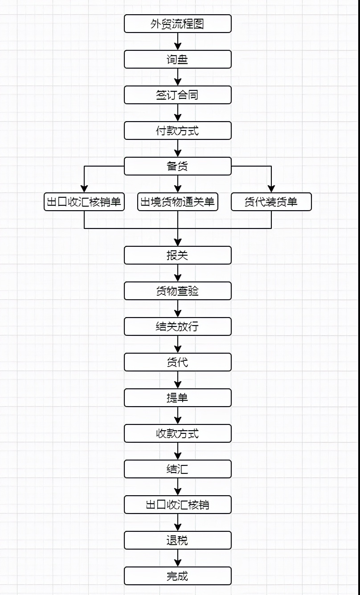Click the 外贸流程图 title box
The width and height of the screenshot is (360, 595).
click(177, 24)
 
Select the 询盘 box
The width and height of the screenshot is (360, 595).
click(177, 59)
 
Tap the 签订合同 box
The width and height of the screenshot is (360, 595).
click(177, 95)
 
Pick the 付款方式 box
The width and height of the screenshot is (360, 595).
click(177, 130)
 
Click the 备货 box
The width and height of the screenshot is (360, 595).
click(177, 166)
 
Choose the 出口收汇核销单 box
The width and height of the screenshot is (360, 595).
click(84, 202)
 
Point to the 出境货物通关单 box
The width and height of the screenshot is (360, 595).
click(177, 202)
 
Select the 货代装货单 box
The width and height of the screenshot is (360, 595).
click(271, 202)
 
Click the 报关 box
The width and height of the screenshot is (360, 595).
click(177, 255)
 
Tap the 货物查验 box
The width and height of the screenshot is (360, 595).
click(177, 291)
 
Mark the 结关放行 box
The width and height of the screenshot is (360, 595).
click(177, 326)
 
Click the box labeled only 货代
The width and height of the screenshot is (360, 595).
click(177, 362)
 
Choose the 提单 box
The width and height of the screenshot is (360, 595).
click(177, 398)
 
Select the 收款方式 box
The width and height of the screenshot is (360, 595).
click(177, 433)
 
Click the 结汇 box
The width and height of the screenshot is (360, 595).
click(177, 469)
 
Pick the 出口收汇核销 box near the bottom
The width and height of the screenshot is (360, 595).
click(177, 505)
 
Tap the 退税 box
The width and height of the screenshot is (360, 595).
click(177, 540)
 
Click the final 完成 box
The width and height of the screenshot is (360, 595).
click(177, 576)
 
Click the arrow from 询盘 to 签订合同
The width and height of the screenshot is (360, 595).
click(178, 77)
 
